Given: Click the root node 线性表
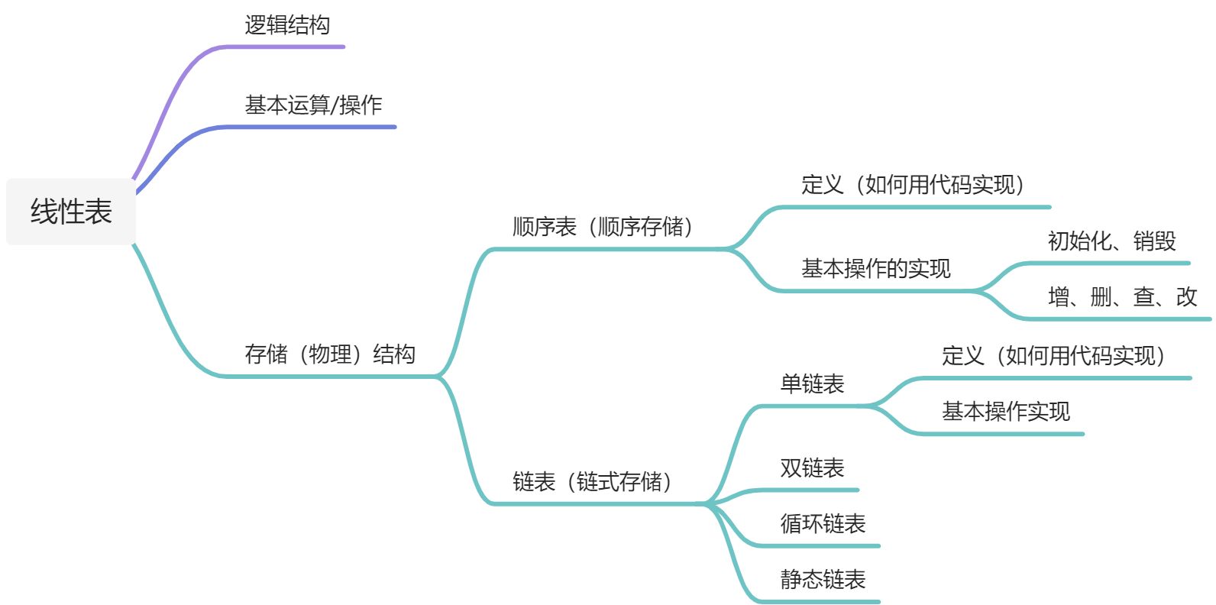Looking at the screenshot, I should pyautogui.click(x=71, y=212).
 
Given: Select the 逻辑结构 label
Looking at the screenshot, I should pyautogui.click(x=287, y=25).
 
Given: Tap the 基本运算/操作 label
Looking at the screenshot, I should pyautogui.click(x=313, y=105).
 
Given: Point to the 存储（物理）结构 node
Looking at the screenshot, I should pyautogui.click(x=330, y=354).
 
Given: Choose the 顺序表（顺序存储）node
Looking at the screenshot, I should pyautogui.click(x=603, y=227).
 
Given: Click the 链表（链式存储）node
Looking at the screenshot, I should pyautogui.click(x=593, y=482).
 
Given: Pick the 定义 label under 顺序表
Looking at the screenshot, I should pyautogui.click(x=822, y=185).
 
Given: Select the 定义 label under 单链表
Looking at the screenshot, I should pyautogui.click(x=962, y=356).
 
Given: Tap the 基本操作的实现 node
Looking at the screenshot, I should pyautogui.click(x=875, y=269).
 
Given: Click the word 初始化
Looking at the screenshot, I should pyautogui.click(x=1079, y=241).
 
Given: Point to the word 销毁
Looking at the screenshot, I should pyautogui.click(x=1154, y=241).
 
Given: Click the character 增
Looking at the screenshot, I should pyautogui.click(x=1059, y=297).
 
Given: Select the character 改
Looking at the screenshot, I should pyautogui.click(x=1186, y=297).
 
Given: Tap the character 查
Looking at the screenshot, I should pyautogui.click(x=1144, y=297).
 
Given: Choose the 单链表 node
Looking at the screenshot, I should pyautogui.click(x=812, y=384).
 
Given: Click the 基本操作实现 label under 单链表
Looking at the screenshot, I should pyautogui.click(x=1005, y=412).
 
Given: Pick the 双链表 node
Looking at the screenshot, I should pyautogui.click(x=812, y=468).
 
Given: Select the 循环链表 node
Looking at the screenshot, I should pyautogui.click(x=823, y=524).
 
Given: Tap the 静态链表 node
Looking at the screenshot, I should pyautogui.click(x=823, y=580).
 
